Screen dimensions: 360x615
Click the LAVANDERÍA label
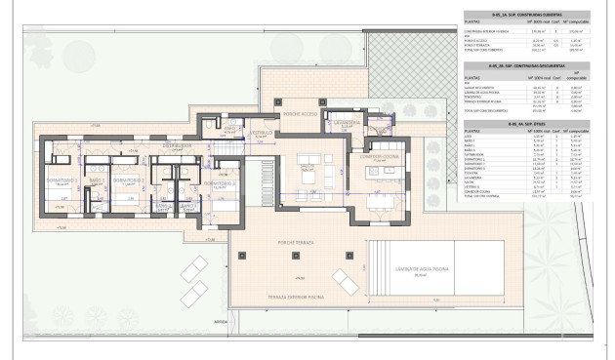pos(348,125)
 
